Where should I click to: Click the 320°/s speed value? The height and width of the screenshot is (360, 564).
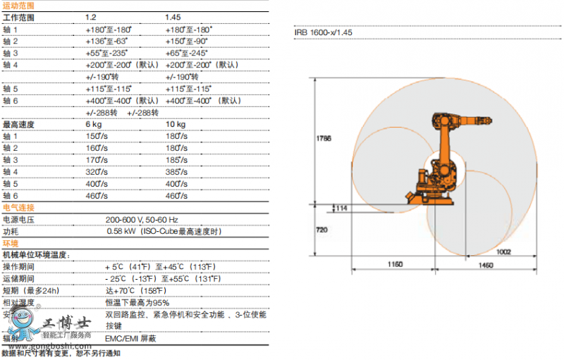[97, 171]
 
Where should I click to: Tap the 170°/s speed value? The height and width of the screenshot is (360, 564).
[97, 160]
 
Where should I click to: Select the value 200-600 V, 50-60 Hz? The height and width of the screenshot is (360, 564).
[142, 220]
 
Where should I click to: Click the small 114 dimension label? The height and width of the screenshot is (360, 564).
[342, 208]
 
